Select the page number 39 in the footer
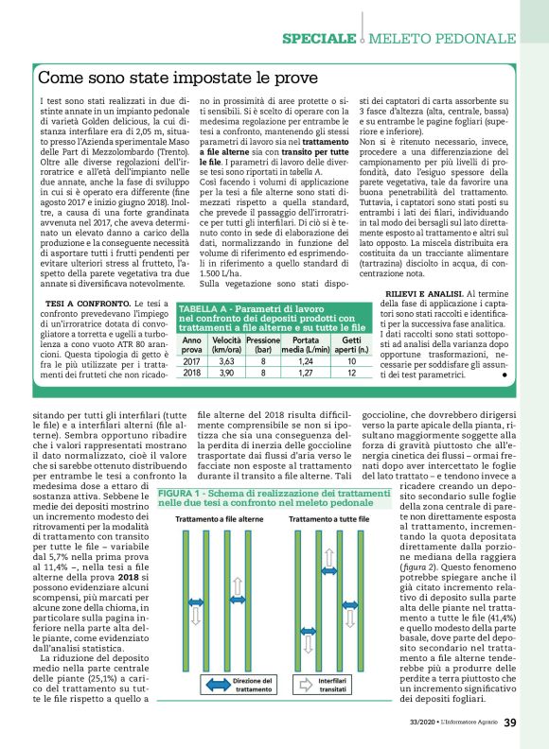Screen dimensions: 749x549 coord(510,724)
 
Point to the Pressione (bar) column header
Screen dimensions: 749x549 coord(262,344)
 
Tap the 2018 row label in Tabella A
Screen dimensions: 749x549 coord(191,374)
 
